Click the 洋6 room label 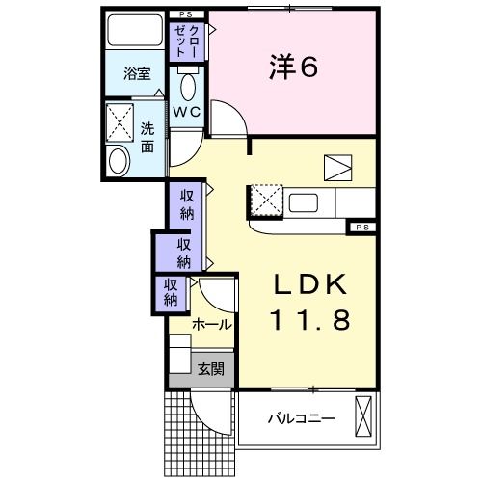[x=291, y=67]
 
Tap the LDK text [x=312, y=285]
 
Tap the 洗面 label [x=147, y=138]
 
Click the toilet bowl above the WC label [x=187, y=87]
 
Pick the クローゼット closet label [x=185, y=41]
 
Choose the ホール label [x=211, y=325]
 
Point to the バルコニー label [x=300, y=419]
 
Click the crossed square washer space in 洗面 [x=121, y=122]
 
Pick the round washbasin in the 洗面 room [x=119, y=161]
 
